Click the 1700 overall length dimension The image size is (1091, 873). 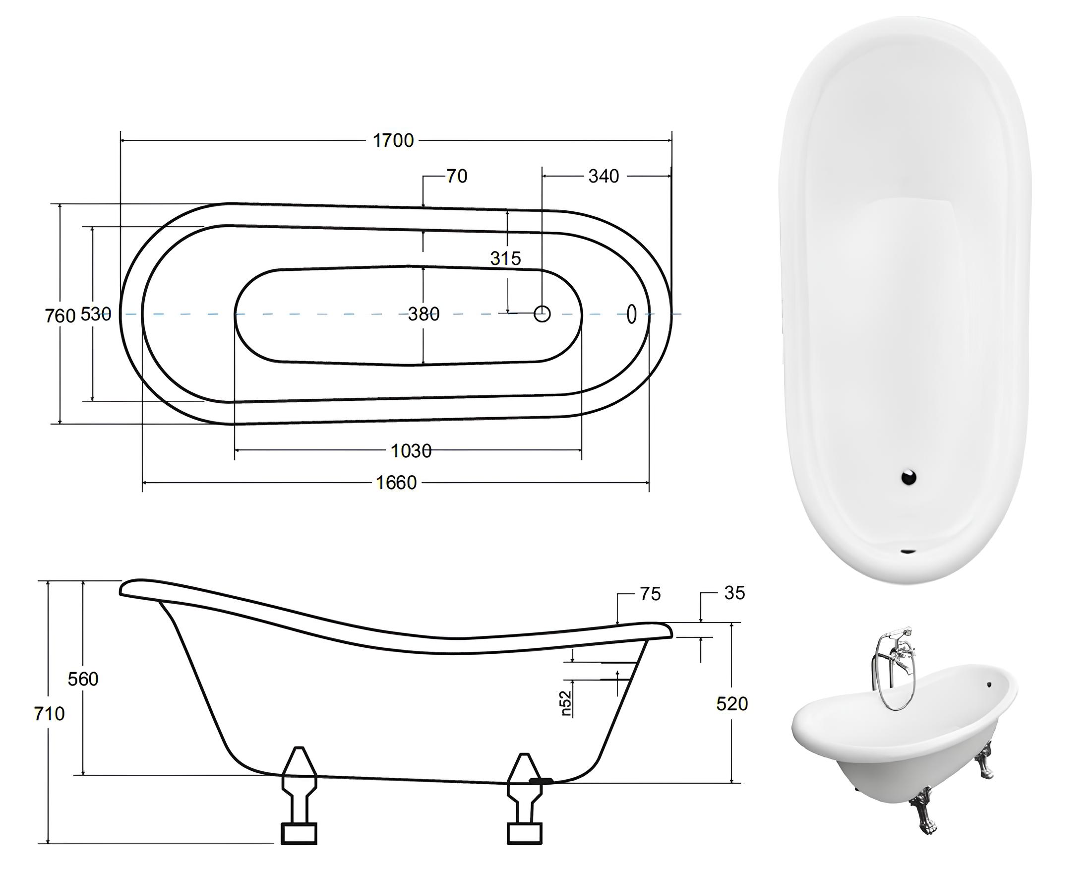tap(393, 140)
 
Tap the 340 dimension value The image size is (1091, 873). tap(604, 176)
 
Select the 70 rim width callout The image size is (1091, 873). tap(456, 176)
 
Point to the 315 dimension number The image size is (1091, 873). tap(505, 258)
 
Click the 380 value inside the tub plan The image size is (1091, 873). tap(424, 314)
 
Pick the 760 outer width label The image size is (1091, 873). tap(60, 316)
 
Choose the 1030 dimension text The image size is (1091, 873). tap(411, 450)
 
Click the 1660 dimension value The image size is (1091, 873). tap(396, 483)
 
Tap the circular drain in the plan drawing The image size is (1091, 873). tap(542, 314)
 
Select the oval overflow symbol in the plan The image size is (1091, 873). tap(631, 314)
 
